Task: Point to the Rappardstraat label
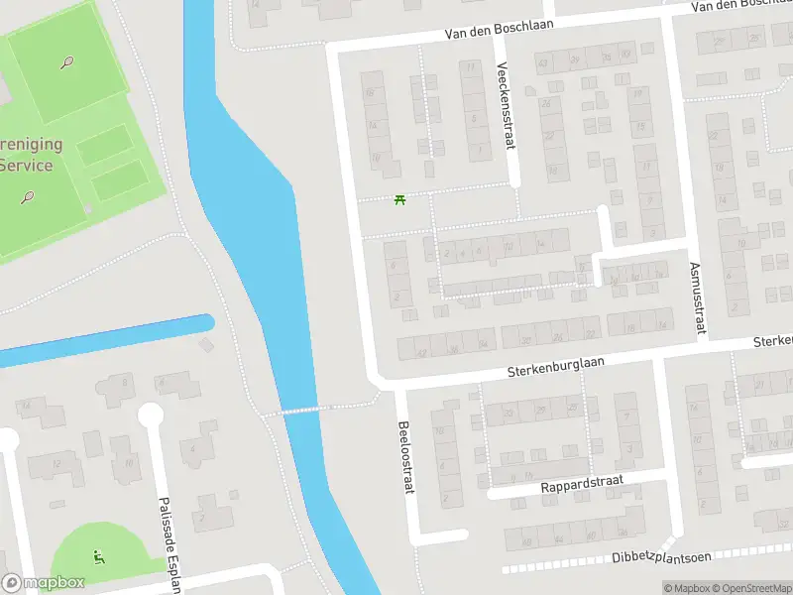tap(581, 486)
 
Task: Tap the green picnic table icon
tap(400, 199)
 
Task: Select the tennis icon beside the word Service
tap(28, 196)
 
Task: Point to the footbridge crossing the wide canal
tap(301, 410)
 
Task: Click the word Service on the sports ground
tap(25, 165)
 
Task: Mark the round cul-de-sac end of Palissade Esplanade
tap(151, 414)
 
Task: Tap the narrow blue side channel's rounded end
tap(206, 322)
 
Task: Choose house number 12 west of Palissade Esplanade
tap(57, 462)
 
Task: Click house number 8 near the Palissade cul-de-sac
tap(126, 381)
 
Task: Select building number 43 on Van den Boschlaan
tap(542, 63)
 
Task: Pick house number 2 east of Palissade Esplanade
tap(201, 516)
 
